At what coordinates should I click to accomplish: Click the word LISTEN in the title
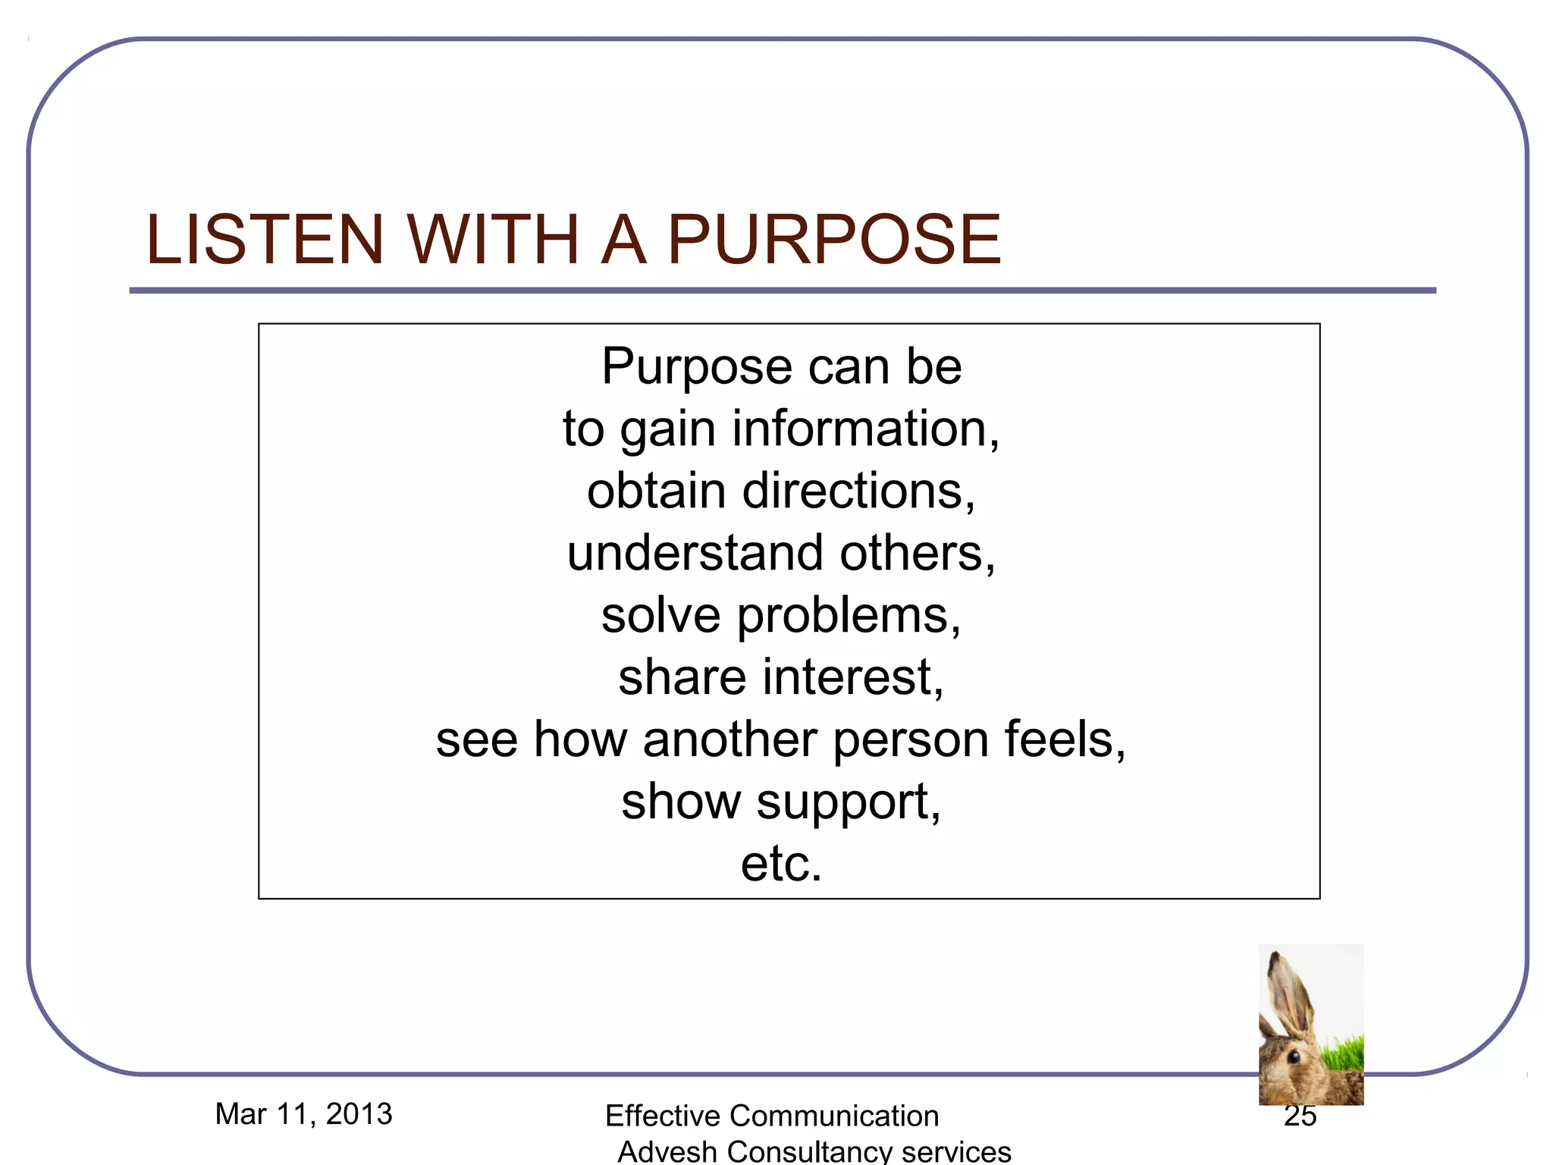(x=265, y=240)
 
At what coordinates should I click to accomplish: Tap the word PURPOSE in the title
(x=834, y=240)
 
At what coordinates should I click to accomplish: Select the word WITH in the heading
(x=494, y=240)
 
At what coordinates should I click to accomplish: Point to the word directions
(x=858, y=491)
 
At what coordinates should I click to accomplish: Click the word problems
(x=849, y=616)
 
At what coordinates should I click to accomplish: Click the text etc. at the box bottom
(x=781, y=864)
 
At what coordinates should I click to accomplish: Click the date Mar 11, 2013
(x=303, y=1114)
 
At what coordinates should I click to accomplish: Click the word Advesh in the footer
(x=667, y=1151)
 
